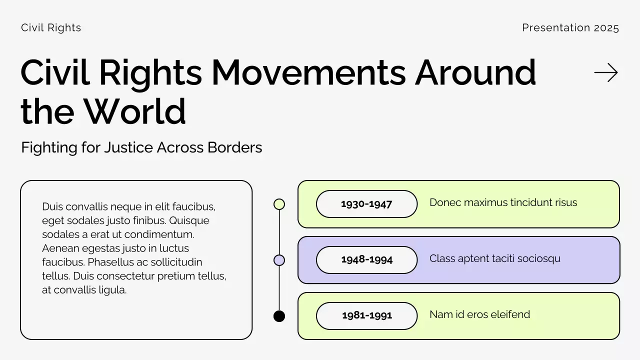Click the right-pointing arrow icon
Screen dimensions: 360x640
(x=606, y=73)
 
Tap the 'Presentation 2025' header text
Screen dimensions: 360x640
(x=570, y=28)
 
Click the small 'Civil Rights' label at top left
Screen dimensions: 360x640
(x=51, y=28)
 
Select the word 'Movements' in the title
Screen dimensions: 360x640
(x=308, y=73)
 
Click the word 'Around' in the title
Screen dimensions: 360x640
(x=475, y=73)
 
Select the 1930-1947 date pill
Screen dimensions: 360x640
(x=366, y=204)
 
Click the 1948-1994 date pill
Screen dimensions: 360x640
(x=366, y=260)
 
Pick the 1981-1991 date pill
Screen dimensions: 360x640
(x=366, y=316)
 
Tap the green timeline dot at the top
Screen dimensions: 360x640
(x=279, y=204)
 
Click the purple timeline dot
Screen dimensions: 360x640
(x=279, y=260)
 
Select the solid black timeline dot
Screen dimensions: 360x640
(x=279, y=316)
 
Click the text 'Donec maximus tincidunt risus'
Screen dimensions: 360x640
(x=503, y=202)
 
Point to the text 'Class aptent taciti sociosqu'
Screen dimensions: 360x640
(x=494, y=258)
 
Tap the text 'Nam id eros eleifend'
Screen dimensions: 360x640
(x=479, y=314)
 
